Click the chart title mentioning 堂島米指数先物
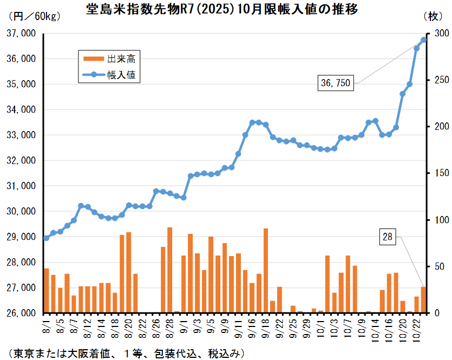pos(222,10)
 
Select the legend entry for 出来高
pos(108,58)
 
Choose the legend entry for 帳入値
pos(108,75)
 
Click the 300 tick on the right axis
pos(435,34)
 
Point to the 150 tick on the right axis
pos(435,173)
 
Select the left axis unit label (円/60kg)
pos(35,16)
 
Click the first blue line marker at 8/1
pos(47,238)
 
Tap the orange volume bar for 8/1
pos(47,291)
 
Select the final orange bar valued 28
pos(423,300)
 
